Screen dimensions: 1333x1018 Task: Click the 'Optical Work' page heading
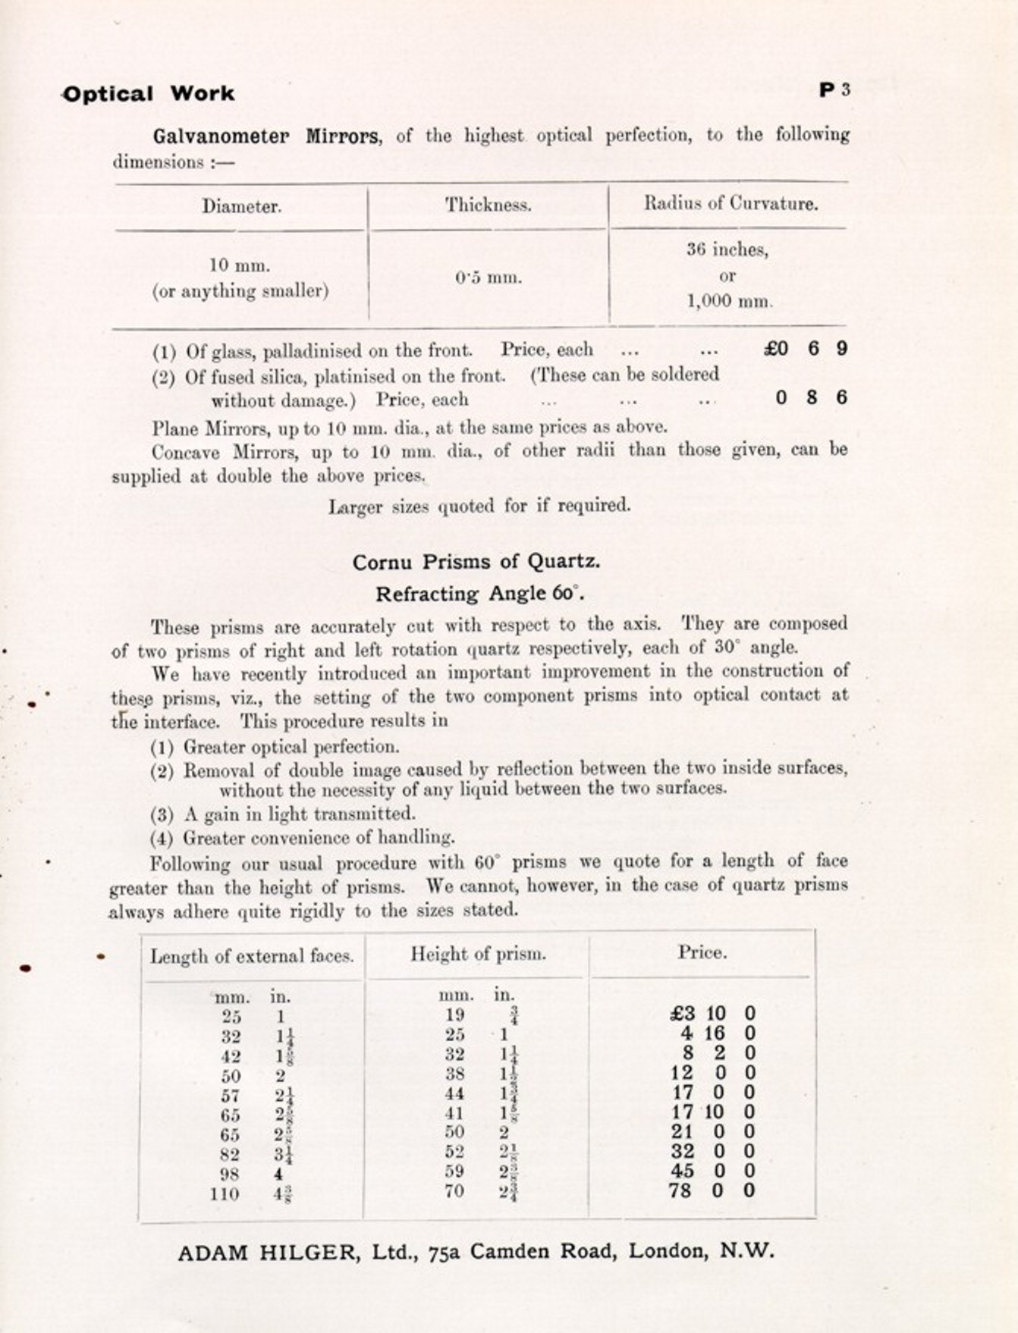point(149,94)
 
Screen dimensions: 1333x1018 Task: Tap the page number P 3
point(834,89)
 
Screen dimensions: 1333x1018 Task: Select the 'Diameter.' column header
point(241,206)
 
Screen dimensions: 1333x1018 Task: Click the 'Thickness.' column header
point(488,205)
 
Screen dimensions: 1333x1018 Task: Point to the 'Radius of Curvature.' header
point(731,203)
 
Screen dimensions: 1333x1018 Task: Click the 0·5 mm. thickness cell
point(489,278)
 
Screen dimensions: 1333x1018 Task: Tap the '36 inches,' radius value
point(727,249)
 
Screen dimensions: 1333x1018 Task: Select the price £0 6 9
point(806,349)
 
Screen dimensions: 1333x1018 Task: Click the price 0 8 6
point(811,397)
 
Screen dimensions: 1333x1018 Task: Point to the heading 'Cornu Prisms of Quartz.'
point(476,562)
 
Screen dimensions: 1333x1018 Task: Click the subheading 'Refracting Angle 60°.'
point(479,594)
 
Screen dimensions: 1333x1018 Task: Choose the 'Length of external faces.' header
point(252,956)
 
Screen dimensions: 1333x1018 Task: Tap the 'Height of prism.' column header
point(478,954)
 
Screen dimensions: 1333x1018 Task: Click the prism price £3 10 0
point(712,1014)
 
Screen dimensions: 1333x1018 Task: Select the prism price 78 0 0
point(712,1190)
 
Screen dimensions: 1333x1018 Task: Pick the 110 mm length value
point(225,1194)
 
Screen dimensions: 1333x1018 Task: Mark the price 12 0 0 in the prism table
point(712,1073)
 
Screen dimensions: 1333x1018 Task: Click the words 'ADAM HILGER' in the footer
point(266,1252)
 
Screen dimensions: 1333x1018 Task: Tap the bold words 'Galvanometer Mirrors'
point(265,136)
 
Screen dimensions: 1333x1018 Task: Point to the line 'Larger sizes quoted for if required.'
point(479,506)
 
